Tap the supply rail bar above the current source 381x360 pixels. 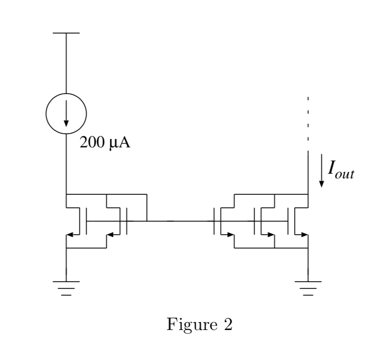coord(66,33)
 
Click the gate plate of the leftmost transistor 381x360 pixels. coord(86,221)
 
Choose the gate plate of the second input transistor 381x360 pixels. coord(127,221)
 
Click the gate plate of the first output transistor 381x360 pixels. coord(214,221)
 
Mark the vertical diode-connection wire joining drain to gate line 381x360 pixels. coord(146,207)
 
